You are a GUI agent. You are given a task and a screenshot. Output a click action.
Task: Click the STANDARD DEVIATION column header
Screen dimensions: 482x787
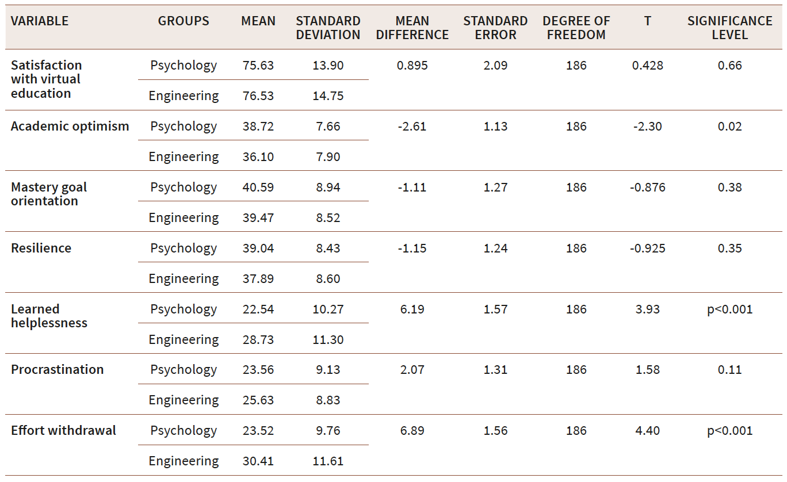[328, 28]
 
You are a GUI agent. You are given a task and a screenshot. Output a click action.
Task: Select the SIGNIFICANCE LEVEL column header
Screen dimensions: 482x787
[729, 28]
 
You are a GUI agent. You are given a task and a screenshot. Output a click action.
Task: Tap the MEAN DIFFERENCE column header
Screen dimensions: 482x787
[412, 28]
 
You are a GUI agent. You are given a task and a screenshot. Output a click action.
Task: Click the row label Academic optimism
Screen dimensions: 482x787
[70, 127]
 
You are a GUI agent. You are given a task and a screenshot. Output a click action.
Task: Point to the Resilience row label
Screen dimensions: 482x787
[41, 248]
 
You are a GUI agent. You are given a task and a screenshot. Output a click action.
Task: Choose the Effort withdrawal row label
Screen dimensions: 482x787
[63, 431]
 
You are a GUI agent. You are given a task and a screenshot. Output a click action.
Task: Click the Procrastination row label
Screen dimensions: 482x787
[58, 370]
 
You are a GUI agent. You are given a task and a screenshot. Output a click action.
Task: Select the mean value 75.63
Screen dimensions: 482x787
[258, 66]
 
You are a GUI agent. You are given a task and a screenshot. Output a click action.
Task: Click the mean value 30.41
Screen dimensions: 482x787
[258, 461]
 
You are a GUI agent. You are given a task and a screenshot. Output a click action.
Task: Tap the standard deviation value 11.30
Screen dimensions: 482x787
[328, 340]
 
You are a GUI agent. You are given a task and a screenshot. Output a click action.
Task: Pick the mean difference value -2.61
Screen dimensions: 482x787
[412, 127]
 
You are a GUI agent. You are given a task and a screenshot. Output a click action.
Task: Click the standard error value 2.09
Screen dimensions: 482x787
[495, 66]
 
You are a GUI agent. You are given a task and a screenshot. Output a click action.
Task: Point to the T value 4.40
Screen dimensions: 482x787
[647, 431]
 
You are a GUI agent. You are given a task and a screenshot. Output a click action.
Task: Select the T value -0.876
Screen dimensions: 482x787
[647, 188]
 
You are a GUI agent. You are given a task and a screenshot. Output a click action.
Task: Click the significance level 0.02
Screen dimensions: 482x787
[729, 127]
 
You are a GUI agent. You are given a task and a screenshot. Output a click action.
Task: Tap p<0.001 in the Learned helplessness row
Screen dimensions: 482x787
[729, 309]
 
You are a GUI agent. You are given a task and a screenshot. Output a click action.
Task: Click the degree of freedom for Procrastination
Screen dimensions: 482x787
[576, 370]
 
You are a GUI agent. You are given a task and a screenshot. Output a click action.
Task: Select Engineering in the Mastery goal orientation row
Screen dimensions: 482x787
[184, 218]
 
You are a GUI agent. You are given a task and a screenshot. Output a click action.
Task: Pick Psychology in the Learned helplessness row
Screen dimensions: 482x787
[184, 309]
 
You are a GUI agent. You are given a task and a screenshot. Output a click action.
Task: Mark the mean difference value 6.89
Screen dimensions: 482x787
[412, 431]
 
